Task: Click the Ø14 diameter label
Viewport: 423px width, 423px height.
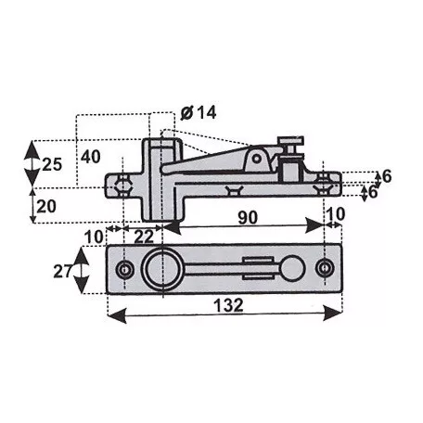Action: (199, 112)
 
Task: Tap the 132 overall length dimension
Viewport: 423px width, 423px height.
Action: (229, 305)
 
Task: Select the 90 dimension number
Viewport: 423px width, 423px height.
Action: (248, 217)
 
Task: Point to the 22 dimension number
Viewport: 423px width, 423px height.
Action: (144, 237)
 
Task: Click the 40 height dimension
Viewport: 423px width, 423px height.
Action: (91, 157)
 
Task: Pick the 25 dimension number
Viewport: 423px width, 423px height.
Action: (52, 164)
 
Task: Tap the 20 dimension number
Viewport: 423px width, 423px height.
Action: (46, 206)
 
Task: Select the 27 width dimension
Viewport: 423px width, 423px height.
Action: (63, 272)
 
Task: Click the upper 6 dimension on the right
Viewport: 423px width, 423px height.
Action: (387, 176)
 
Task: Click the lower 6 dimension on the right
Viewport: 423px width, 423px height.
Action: (373, 192)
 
